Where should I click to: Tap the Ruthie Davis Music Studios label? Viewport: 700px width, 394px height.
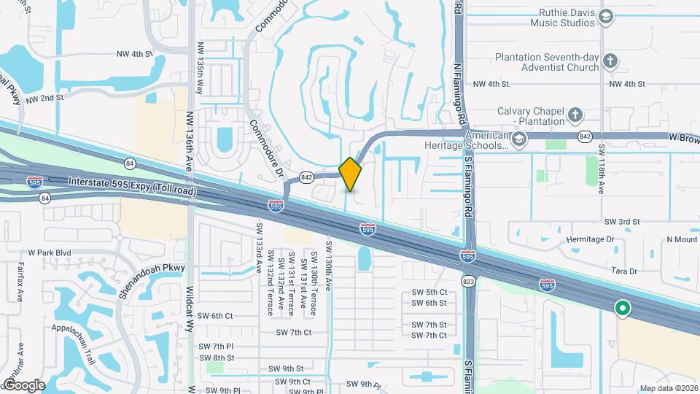click(x=558, y=18)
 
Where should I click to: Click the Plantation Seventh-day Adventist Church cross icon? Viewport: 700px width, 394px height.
click(x=610, y=61)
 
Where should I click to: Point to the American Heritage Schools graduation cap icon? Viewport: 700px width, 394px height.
click(x=518, y=140)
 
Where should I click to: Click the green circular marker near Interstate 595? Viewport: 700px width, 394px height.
click(x=622, y=309)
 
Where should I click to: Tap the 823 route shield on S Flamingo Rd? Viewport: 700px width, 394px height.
click(x=469, y=279)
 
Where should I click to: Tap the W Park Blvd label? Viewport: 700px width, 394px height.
click(x=50, y=252)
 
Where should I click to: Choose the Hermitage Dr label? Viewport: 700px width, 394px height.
click(x=590, y=239)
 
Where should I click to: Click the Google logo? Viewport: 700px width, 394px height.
click(x=24, y=385)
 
